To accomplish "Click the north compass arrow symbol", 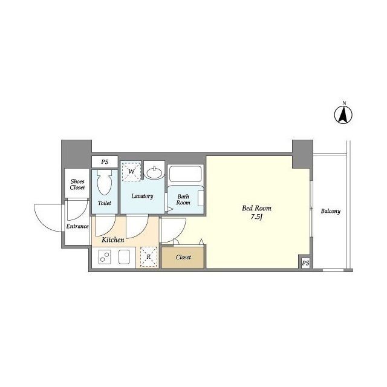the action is click(x=343, y=115).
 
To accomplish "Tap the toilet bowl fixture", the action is click(x=105, y=182).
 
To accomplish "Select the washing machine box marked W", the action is click(x=131, y=171).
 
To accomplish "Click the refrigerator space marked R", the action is click(x=149, y=256).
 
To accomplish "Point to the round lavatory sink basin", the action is click(x=154, y=173).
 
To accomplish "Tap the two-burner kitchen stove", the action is click(x=105, y=256).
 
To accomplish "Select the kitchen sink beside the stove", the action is click(x=124, y=256).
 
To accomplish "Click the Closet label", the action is click(x=183, y=257).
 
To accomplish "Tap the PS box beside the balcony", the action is click(x=305, y=263).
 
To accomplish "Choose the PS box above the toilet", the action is click(x=105, y=162).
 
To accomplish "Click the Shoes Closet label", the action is click(x=77, y=184).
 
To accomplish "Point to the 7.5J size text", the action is click(x=256, y=217).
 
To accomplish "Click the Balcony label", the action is click(x=331, y=211).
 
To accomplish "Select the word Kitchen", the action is click(x=113, y=239).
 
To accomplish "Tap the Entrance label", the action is click(x=77, y=226).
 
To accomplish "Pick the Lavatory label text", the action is click(x=142, y=196).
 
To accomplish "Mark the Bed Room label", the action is click(x=256, y=208).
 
